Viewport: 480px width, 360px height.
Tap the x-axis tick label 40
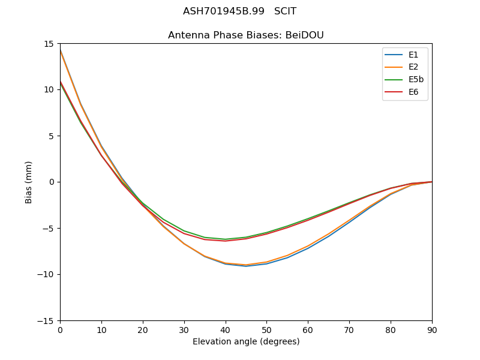[x=225, y=329]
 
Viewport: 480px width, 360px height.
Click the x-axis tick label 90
[x=431, y=329]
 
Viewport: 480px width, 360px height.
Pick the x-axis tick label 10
[x=101, y=329]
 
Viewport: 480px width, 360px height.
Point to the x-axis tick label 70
[x=349, y=329]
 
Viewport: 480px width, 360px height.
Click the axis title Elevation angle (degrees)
[x=246, y=341]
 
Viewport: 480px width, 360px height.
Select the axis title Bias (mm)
[x=29, y=182]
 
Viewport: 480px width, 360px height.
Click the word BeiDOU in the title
[x=304, y=35]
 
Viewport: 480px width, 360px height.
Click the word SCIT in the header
[x=285, y=11]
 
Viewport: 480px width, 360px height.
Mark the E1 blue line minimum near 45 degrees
[x=246, y=266]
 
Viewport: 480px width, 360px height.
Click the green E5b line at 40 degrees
[x=225, y=239]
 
